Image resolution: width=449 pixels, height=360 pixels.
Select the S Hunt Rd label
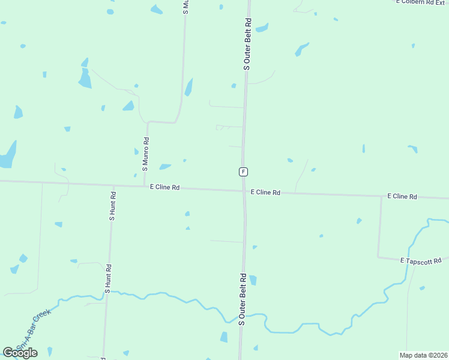(x=112, y=206)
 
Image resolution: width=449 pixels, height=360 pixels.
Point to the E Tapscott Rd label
(x=420, y=260)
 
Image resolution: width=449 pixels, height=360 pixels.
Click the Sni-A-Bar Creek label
(x=35, y=329)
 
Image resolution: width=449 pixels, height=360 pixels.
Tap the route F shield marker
(x=243, y=172)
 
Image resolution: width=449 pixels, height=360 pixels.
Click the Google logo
(x=20, y=352)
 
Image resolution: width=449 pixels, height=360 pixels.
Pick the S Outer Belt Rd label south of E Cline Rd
(x=243, y=299)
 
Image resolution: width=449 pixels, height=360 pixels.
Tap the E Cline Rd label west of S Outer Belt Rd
(x=165, y=188)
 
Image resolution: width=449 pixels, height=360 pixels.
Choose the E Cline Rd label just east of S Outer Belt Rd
(x=265, y=193)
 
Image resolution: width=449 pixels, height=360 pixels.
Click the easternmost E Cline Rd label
(x=402, y=196)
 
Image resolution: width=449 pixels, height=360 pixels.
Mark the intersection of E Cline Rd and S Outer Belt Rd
(x=244, y=191)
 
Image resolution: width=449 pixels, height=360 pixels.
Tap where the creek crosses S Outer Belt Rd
(x=242, y=316)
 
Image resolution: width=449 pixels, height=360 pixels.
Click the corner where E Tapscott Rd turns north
(x=378, y=257)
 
